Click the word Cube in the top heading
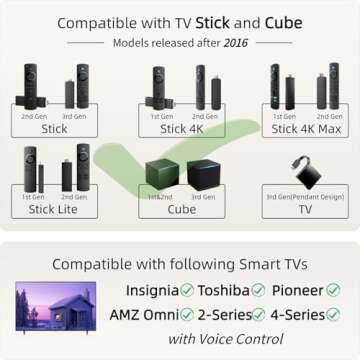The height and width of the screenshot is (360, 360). (x=282, y=22)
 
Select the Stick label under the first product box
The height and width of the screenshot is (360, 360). (x=55, y=128)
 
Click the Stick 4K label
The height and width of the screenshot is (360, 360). (x=180, y=128)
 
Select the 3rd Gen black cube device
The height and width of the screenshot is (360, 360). (x=206, y=174)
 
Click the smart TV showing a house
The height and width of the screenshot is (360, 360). (x=56, y=307)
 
